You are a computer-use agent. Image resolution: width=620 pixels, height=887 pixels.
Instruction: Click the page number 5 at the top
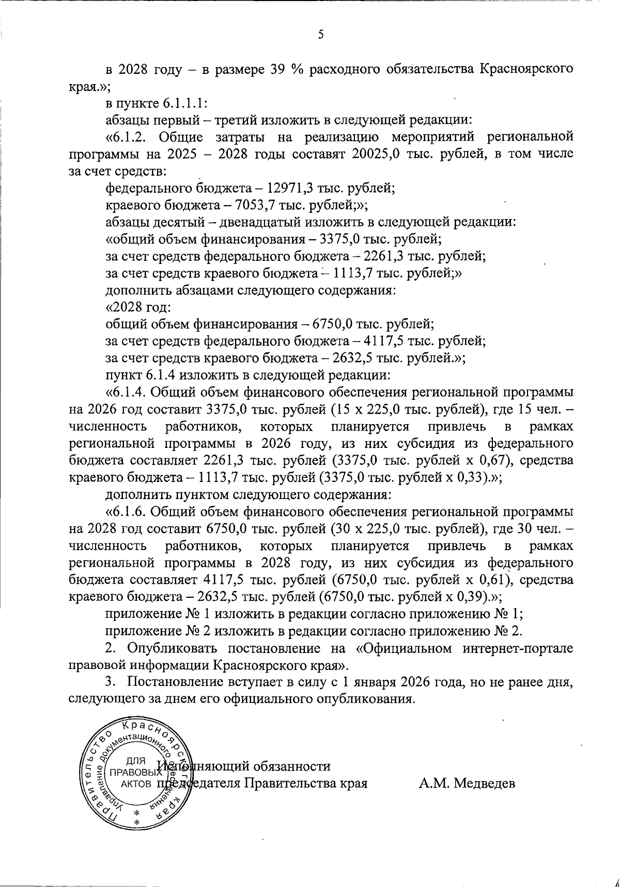coord(321,35)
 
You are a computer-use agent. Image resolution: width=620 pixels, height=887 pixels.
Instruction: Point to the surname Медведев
coord(468,784)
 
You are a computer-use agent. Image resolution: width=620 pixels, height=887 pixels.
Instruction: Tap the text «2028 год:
coord(138,307)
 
